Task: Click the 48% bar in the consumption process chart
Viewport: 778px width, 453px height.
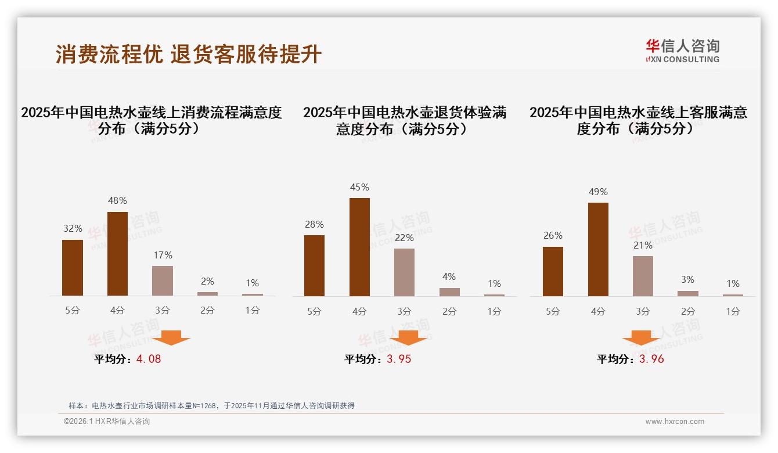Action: tap(118, 254)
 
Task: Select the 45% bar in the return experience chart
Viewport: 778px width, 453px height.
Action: tap(359, 247)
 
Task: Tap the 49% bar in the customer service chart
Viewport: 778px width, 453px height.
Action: tap(598, 249)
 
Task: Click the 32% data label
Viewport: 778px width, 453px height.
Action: tap(73, 229)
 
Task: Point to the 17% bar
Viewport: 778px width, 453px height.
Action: tap(163, 281)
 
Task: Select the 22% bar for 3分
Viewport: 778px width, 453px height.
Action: tap(404, 272)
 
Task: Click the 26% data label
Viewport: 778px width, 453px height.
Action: tap(553, 236)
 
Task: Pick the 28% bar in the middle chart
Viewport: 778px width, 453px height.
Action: tap(314, 265)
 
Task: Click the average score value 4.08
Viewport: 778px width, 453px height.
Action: tap(149, 359)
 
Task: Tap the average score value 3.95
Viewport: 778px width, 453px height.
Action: tap(399, 359)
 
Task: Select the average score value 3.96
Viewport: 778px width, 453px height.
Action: tap(651, 359)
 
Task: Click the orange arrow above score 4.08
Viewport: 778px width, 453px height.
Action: tap(171, 337)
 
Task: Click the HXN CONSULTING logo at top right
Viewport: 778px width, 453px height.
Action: tap(682, 51)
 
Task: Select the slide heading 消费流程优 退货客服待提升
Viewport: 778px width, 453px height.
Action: tap(189, 54)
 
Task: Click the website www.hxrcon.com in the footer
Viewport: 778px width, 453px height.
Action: tap(675, 422)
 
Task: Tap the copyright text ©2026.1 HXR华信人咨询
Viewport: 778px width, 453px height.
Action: tap(107, 422)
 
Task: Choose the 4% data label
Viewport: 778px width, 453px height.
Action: tap(449, 277)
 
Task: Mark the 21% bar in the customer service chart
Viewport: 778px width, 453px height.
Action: tap(643, 276)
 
